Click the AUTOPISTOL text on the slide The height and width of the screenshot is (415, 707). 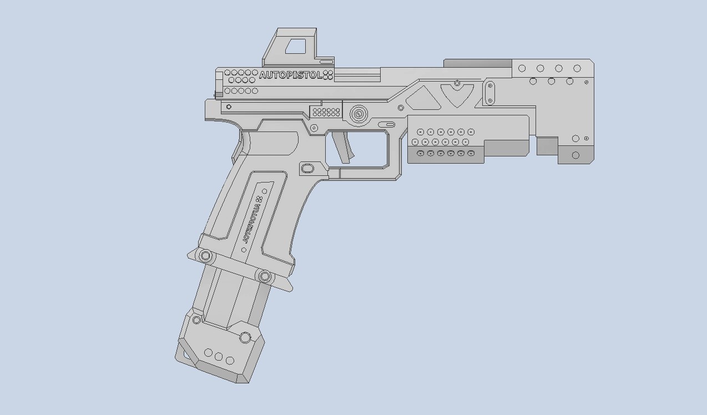290,75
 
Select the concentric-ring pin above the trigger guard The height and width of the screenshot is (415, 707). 358,115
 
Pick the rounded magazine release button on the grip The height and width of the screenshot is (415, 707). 307,168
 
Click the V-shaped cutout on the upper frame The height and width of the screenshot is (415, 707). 457,94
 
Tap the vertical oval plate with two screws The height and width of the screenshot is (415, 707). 489,93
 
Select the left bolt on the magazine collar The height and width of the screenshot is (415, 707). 205,256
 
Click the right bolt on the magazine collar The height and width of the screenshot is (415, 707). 265,276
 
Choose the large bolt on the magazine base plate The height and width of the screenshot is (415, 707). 245,337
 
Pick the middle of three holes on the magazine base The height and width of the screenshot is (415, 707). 219,357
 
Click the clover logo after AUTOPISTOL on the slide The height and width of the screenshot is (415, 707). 328,75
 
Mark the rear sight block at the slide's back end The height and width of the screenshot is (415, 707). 219,84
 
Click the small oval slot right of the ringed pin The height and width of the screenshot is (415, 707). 390,124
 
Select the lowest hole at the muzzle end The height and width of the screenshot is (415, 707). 575,155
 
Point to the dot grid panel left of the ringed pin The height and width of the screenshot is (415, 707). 326,112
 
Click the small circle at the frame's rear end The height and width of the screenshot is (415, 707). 229,107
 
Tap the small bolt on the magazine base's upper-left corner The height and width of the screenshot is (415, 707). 196,320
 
